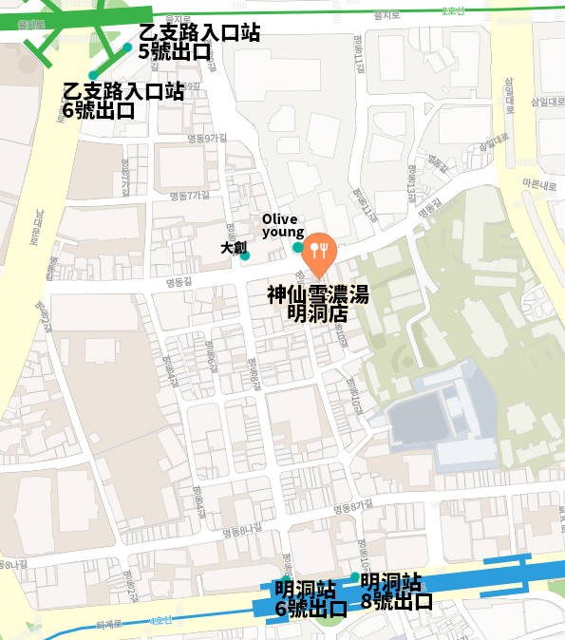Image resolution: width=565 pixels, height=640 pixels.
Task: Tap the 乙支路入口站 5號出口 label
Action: pos(199,43)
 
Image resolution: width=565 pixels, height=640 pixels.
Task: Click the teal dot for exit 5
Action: pos(128,47)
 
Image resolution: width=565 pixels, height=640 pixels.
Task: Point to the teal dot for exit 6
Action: pos(92,75)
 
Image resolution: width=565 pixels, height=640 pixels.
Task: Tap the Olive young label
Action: pos(283,226)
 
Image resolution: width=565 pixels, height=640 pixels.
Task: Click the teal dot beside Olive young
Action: pos(298,248)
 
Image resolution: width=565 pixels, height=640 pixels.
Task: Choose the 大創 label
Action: pos(234,247)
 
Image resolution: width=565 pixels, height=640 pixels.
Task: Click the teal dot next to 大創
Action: pos(245,255)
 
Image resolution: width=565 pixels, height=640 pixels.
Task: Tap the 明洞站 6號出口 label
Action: pos(310,599)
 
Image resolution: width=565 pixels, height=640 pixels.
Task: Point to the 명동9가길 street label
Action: pos(208,139)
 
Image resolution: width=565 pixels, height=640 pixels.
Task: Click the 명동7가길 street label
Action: pos(189,196)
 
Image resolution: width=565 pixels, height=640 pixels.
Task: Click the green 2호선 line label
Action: pos(454,10)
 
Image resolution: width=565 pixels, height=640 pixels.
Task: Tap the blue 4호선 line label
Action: pos(161,621)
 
